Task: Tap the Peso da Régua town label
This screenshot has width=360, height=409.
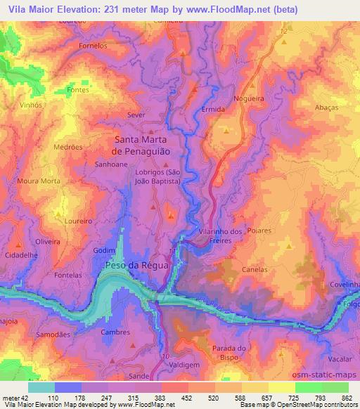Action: pos(136,265)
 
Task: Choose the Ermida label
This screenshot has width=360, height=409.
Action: pos(213,110)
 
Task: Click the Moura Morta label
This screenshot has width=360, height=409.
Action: pos(39,181)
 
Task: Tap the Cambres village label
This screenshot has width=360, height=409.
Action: pos(117,332)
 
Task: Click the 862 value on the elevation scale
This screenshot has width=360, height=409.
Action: pos(347,398)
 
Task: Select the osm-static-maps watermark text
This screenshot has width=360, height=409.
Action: pos(323,375)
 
